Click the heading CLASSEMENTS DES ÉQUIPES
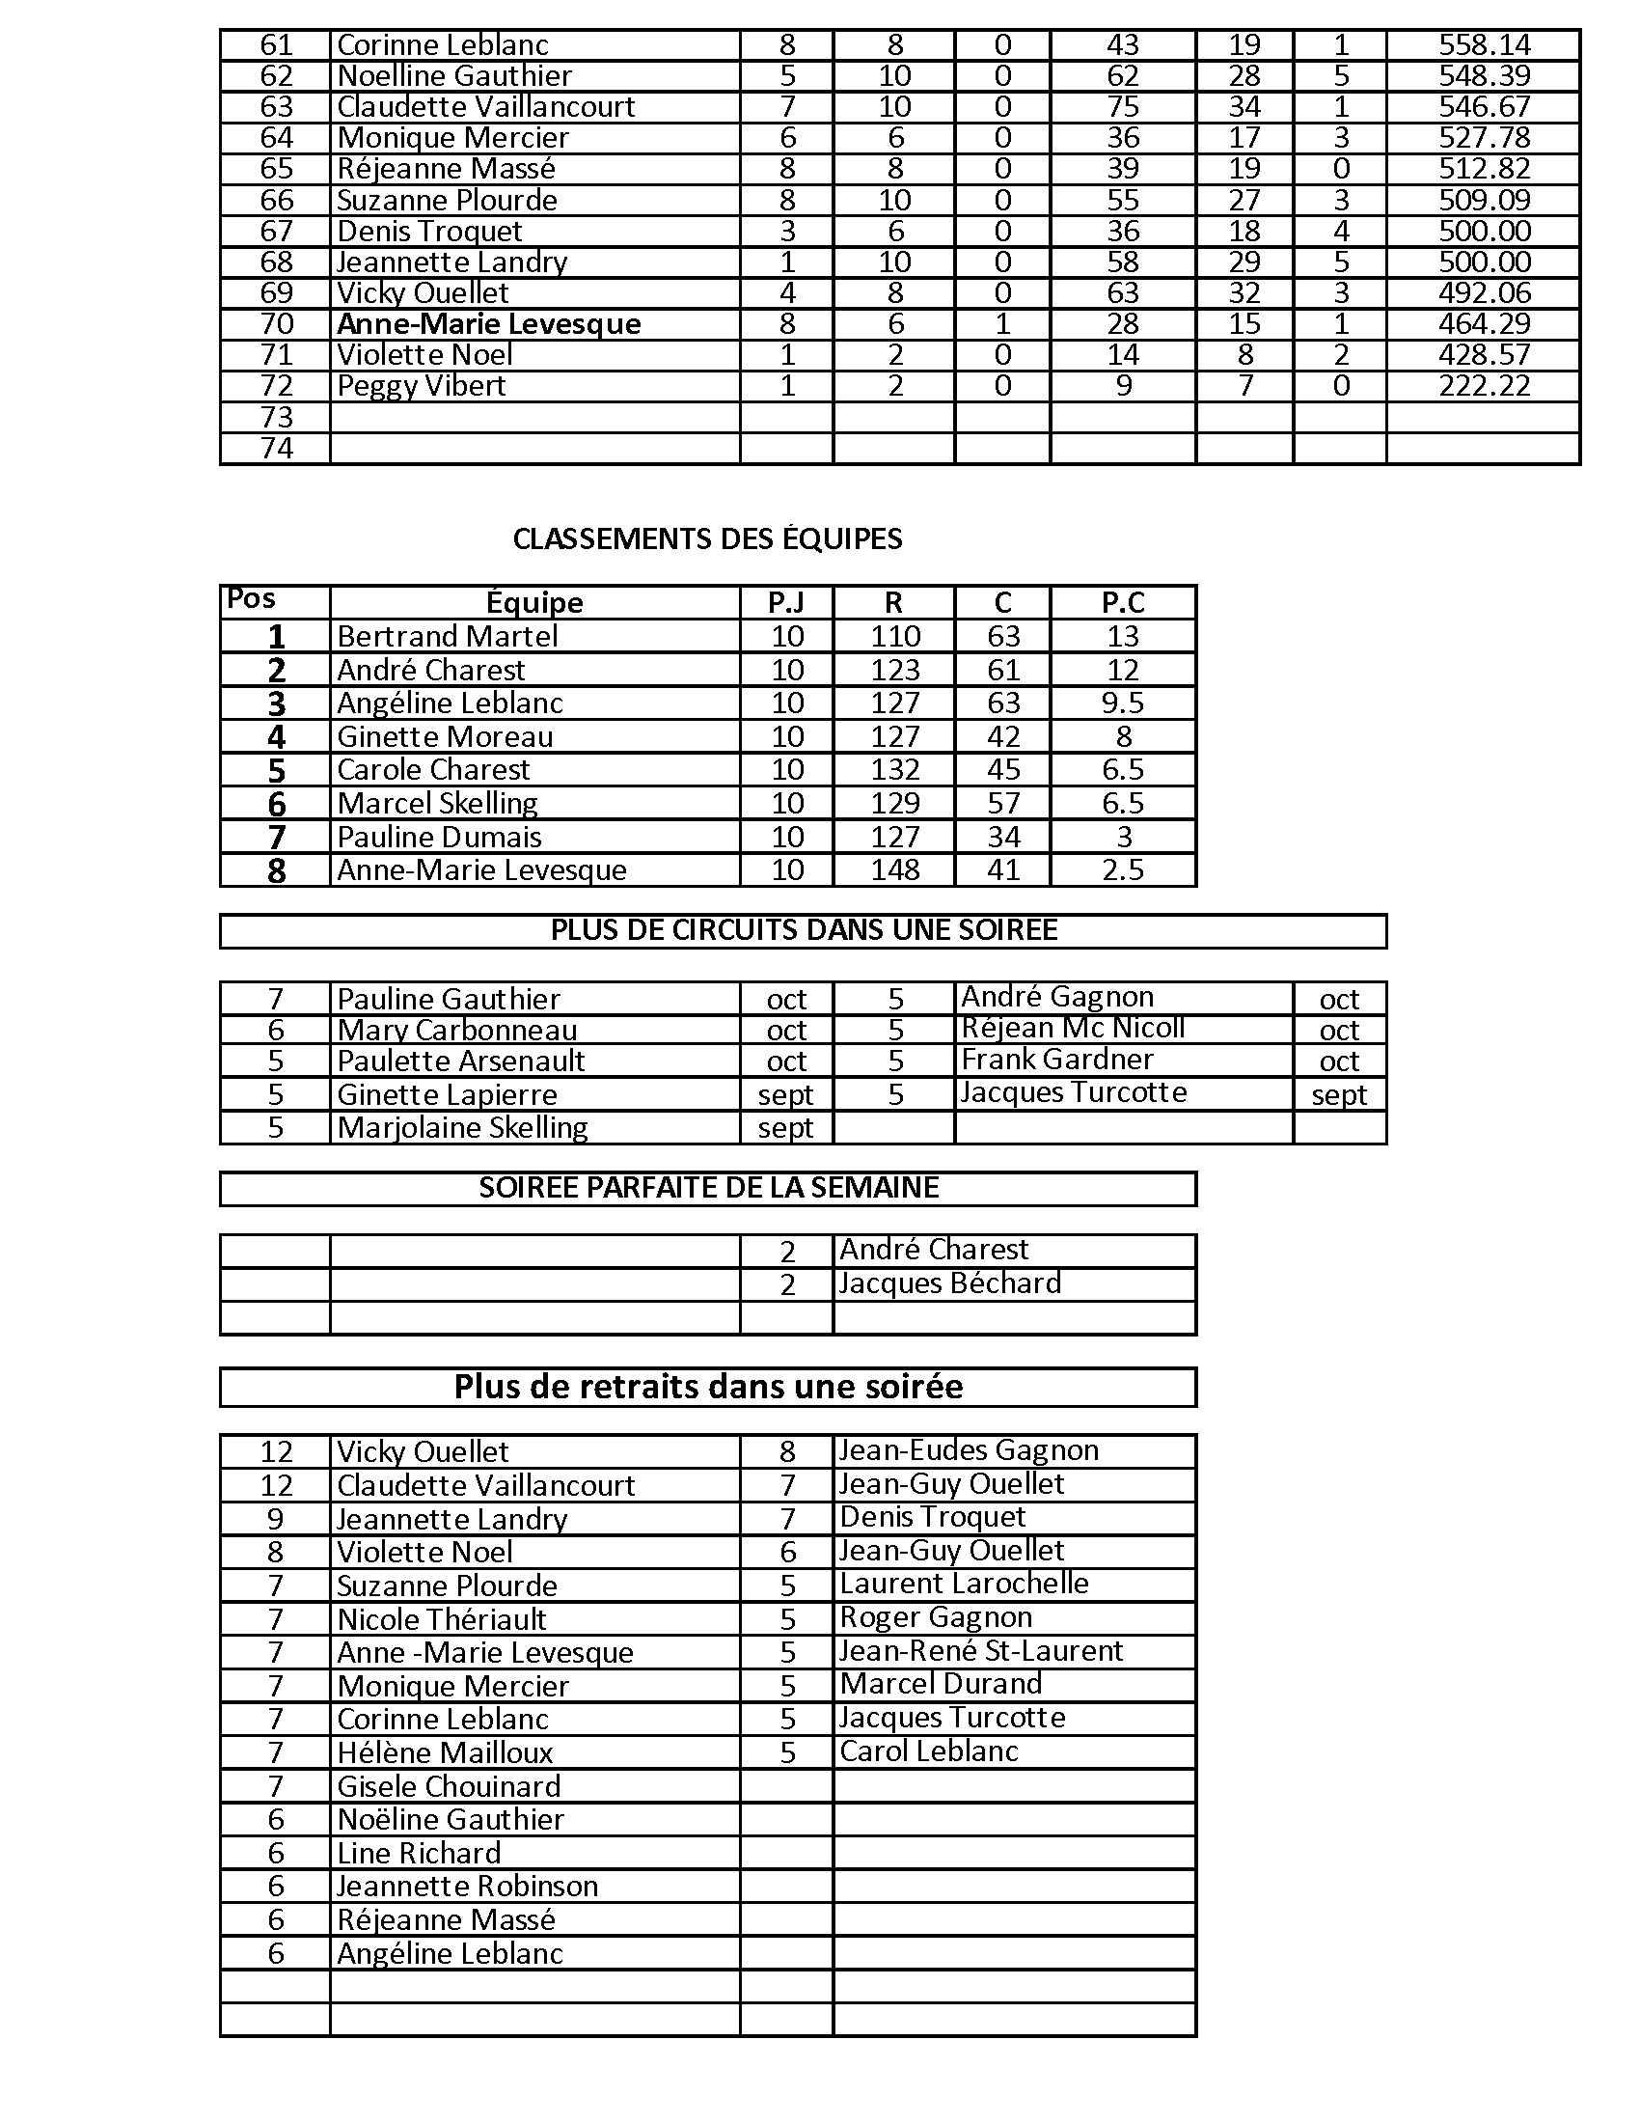click(x=707, y=538)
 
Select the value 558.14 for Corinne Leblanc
click(x=1484, y=44)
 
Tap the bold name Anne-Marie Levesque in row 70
click(x=489, y=323)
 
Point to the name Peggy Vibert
click(x=421, y=386)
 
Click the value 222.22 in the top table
click(x=1484, y=386)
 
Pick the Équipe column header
click(x=534, y=603)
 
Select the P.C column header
click(x=1122, y=603)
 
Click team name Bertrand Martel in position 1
click(x=447, y=637)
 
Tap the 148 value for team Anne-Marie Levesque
click(x=894, y=870)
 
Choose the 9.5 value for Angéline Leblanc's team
click(x=1122, y=703)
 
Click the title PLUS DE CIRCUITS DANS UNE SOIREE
click(x=804, y=930)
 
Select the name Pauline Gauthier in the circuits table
click(x=448, y=1000)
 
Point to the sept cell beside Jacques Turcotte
click(x=1339, y=1095)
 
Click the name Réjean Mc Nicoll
click(x=1073, y=1028)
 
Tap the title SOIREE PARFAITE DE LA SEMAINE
click(x=708, y=1188)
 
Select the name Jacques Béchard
click(x=949, y=1283)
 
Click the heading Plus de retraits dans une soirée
click(x=708, y=1386)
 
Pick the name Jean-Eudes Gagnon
click(x=969, y=1450)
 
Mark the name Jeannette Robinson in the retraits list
click(x=467, y=1887)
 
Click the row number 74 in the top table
click(x=276, y=448)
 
